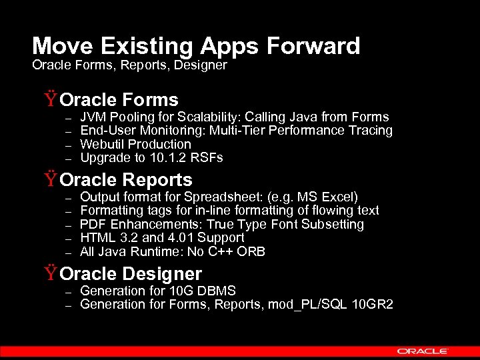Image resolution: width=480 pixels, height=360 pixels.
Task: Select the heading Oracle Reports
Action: click(x=126, y=180)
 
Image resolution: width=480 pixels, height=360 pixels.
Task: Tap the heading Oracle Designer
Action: click(x=131, y=274)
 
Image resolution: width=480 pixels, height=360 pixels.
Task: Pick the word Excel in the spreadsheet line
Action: click(x=339, y=197)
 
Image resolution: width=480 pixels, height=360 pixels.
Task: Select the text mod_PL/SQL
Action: click(x=315, y=305)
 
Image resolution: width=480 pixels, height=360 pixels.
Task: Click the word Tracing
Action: click(x=371, y=131)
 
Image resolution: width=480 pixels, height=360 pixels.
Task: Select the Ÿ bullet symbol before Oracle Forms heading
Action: click(x=51, y=101)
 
